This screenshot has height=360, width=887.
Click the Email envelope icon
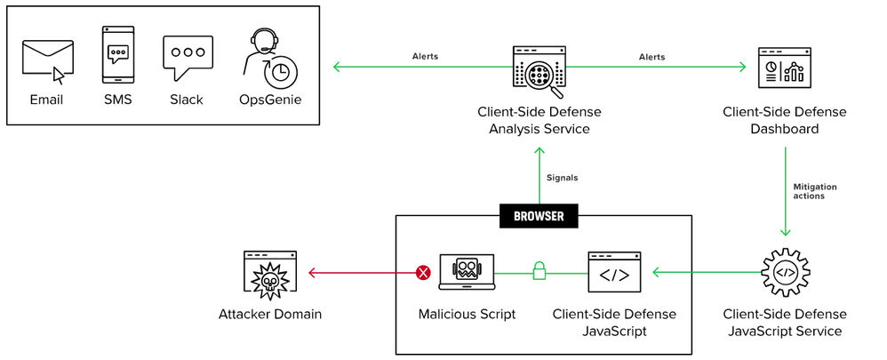point(48,60)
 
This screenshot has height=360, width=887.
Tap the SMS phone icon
point(117,54)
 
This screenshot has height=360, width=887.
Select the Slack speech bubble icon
point(188,59)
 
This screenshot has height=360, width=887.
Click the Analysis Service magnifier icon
point(539,72)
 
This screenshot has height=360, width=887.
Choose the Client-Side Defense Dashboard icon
point(784,69)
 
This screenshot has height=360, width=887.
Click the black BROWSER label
point(538,216)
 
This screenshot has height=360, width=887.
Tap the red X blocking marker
point(424,272)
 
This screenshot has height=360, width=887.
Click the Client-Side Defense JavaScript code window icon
point(613,273)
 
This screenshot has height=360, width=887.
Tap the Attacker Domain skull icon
point(270,274)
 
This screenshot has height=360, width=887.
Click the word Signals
point(563,178)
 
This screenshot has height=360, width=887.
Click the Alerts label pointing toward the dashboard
point(652,57)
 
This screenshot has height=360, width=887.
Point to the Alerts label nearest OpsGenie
point(425,57)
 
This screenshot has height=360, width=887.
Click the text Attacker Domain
point(270,315)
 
